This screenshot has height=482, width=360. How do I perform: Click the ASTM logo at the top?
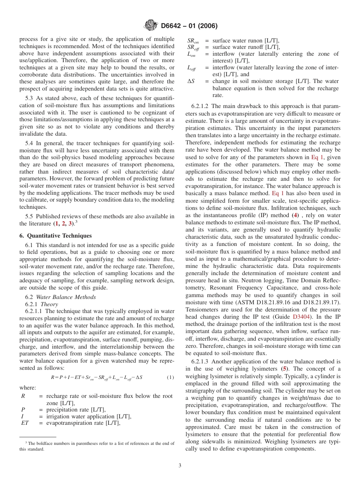(151, 26)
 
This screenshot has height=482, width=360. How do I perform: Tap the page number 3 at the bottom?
(180, 466)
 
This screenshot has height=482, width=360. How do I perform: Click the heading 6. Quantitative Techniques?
(50, 235)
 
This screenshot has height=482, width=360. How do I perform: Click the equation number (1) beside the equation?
(171, 377)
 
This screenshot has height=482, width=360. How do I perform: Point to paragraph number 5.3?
(30, 99)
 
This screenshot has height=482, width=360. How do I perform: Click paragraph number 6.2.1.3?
(204, 361)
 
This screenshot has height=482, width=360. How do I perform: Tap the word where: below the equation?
(28, 388)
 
